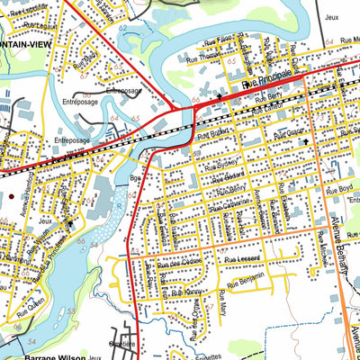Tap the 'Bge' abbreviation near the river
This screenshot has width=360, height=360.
tap(137, 179)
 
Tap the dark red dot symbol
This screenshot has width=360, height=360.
tap(12, 193)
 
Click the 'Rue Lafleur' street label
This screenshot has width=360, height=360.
tap(265, 108)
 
